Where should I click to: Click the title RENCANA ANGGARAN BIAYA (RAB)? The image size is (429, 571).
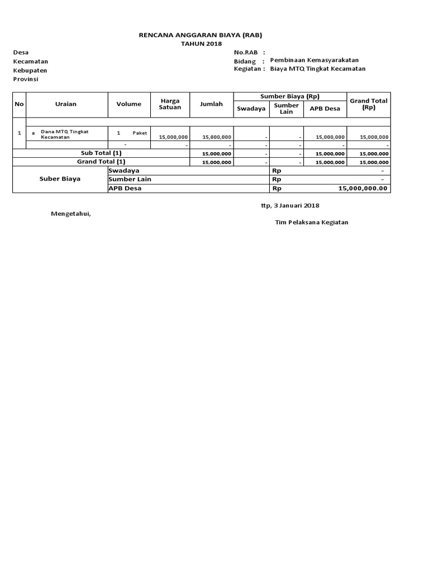pyautogui.click(x=200, y=35)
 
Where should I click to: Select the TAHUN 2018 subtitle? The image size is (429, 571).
pyautogui.click(x=202, y=44)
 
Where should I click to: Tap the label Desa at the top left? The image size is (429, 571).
pyautogui.click(x=21, y=52)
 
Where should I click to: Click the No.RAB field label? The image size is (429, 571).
pyautogui.click(x=246, y=52)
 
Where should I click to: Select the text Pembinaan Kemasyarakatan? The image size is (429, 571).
pyautogui.click(x=314, y=60)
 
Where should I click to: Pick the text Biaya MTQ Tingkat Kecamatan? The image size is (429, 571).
pyautogui.click(x=317, y=69)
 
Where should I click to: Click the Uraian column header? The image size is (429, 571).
pyautogui.click(x=66, y=104)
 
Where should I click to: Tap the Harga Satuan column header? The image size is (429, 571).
pyautogui.click(x=170, y=104)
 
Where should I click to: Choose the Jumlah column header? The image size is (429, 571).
pyautogui.click(x=211, y=104)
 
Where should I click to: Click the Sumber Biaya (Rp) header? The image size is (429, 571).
pyautogui.click(x=290, y=96)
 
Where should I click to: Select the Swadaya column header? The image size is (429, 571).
pyautogui.click(x=251, y=109)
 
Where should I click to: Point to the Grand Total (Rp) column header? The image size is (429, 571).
pyautogui.click(x=369, y=104)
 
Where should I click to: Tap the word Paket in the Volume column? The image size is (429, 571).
pyautogui.click(x=140, y=133)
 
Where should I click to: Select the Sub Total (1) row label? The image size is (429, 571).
pyautogui.click(x=101, y=153)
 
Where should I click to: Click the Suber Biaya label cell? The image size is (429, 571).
pyautogui.click(x=60, y=179)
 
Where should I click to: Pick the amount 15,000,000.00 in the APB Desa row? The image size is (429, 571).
pyautogui.click(x=363, y=188)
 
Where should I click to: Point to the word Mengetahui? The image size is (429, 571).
pyautogui.click(x=70, y=214)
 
